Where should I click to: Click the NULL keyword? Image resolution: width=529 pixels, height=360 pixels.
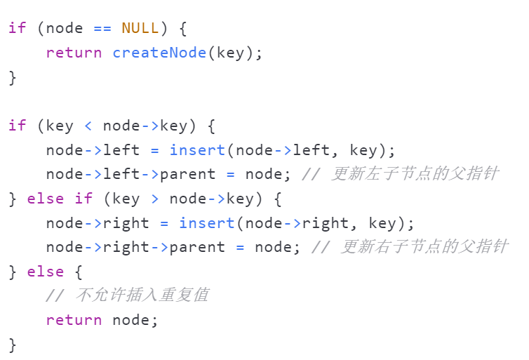point(140,28)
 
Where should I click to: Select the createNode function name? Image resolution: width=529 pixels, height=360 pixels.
point(160,53)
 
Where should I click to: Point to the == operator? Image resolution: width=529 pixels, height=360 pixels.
point(102,28)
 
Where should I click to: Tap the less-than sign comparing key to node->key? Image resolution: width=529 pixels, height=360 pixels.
point(88,126)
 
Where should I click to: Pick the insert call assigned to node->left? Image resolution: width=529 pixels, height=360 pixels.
point(197,150)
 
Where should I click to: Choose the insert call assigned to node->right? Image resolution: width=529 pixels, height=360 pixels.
point(207,223)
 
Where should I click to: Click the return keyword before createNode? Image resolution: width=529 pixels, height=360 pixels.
point(74,53)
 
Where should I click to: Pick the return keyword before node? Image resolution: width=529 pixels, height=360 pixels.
point(74,320)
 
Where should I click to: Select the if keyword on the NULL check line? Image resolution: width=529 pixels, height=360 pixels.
point(17,28)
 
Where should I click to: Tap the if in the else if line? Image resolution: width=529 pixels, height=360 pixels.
point(83,199)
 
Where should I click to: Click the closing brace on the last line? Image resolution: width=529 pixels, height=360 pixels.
point(12,344)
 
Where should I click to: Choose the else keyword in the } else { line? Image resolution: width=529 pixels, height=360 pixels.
point(46,272)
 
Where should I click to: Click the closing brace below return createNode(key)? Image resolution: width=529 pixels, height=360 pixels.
point(12,76)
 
